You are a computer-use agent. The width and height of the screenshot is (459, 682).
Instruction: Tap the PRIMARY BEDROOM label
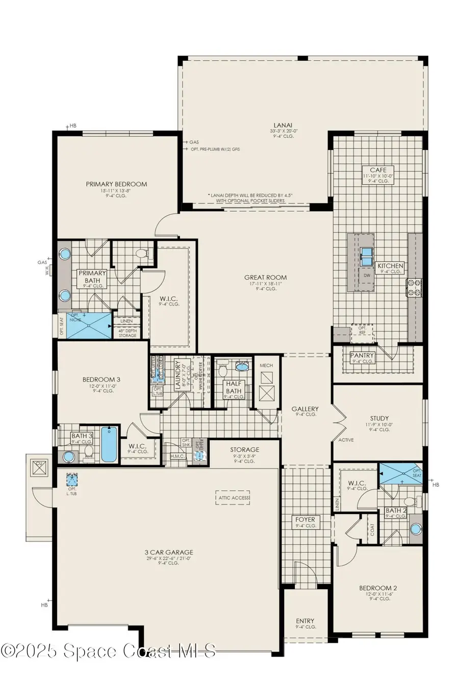pyautogui.click(x=116, y=184)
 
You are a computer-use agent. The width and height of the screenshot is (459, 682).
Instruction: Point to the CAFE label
pyautogui.click(x=378, y=170)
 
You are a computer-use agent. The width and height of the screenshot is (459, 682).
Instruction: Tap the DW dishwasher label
pyautogui.click(x=366, y=275)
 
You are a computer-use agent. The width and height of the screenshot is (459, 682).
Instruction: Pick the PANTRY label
pyautogui.click(x=362, y=355)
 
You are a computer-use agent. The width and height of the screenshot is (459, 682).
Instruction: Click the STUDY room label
pyautogui.click(x=379, y=418)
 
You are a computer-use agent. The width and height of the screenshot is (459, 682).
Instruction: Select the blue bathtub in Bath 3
pyautogui.click(x=109, y=443)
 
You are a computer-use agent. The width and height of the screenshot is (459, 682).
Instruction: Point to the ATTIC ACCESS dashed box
pyautogui.click(x=233, y=497)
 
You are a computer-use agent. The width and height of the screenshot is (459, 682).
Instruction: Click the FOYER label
pyautogui.click(x=305, y=519)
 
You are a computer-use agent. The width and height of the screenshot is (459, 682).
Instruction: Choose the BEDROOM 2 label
pyautogui.click(x=378, y=588)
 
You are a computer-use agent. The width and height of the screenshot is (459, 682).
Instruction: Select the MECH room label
pyautogui.click(x=266, y=365)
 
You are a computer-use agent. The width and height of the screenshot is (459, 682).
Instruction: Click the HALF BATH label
pyautogui.click(x=235, y=387)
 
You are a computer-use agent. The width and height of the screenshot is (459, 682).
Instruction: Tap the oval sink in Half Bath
pyautogui.click(x=242, y=366)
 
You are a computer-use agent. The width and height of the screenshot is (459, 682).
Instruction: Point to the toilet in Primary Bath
pyautogui.click(x=141, y=253)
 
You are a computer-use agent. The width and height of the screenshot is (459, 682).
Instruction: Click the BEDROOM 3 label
pyautogui.click(x=101, y=379)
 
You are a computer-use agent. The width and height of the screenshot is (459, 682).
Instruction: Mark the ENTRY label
pyautogui.click(x=305, y=621)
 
